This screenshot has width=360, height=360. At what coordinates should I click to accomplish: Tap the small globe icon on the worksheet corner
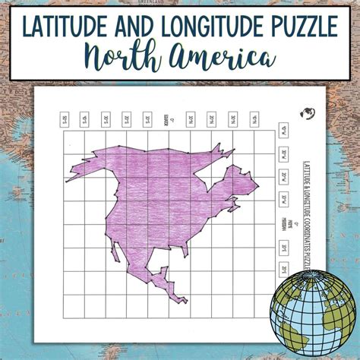[x=307, y=114]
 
